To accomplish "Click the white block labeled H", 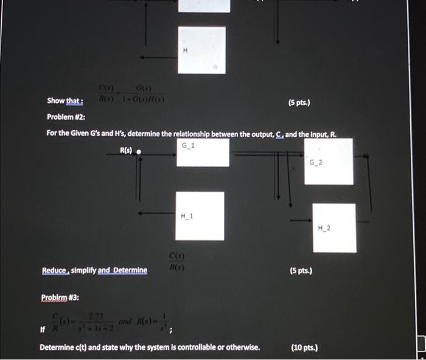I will [x=201, y=49].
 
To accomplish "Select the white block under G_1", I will [x=202, y=152].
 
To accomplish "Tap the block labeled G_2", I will [x=329, y=161].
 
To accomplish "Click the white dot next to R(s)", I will [x=139, y=152].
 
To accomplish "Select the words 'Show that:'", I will [x=65, y=101].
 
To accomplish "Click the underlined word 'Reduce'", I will [x=55, y=270].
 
